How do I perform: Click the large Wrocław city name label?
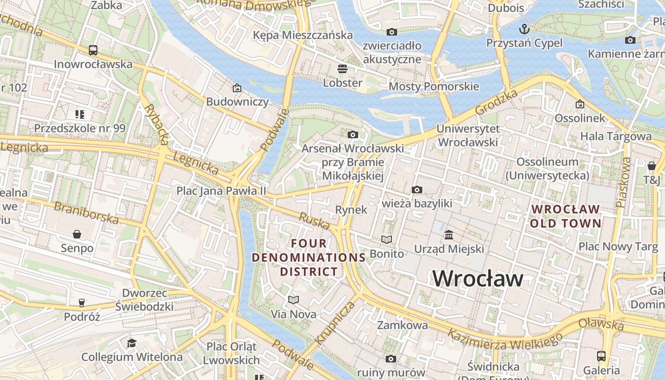coord(478,278)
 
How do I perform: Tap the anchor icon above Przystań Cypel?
coord(524,29)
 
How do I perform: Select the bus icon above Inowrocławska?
coord(93,50)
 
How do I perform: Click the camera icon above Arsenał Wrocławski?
coord(352,135)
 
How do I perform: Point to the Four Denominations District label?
coord(309,257)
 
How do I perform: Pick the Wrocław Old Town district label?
coord(565,216)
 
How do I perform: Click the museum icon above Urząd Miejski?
coord(449,235)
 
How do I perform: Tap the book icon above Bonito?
coord(387,239)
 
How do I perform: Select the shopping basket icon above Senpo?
coord(77,234)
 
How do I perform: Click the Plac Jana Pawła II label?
coord(221,191)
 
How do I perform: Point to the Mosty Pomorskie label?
coord(434,86)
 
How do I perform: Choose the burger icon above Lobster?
coord(342,68)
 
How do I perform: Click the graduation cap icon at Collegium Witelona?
coord(132,343)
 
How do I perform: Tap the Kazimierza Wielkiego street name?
coord(504,341)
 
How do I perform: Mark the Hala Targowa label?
coord(616,137)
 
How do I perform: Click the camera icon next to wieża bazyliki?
coord(417,190)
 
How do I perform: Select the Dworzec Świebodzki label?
coord(144,299)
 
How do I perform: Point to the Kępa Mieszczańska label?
coord(303,35)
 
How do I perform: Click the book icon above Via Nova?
coord(294,300)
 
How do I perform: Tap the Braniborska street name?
coord(86,212)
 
